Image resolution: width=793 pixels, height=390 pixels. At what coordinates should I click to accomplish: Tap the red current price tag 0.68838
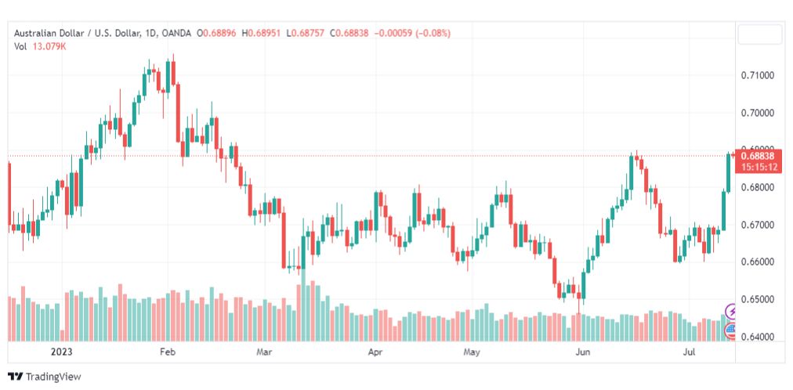pos(756,156)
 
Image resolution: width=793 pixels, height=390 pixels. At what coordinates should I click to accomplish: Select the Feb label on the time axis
pos(167,352)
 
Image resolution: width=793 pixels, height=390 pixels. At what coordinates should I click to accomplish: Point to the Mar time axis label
pos(264,352)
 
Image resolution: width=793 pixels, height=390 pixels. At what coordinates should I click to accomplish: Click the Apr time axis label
pos(375,352)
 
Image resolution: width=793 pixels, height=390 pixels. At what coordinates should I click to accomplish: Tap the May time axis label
pos(471,352)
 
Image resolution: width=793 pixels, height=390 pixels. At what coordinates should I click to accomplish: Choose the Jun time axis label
pos(583,352)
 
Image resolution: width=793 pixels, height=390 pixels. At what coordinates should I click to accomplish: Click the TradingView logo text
pos(53,377)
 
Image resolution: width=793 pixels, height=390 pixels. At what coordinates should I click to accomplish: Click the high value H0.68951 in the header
pos(263,33)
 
